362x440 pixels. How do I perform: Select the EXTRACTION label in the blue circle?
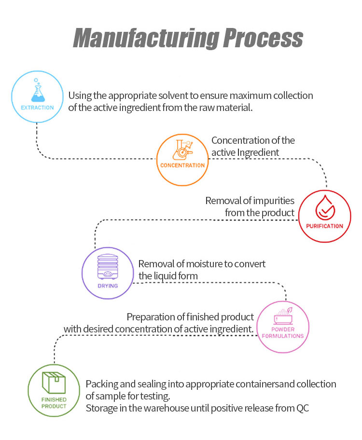37,108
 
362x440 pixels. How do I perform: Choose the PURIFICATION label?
324,226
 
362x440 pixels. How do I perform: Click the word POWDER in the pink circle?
282,330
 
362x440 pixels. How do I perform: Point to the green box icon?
54,383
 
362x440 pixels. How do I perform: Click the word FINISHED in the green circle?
54,400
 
